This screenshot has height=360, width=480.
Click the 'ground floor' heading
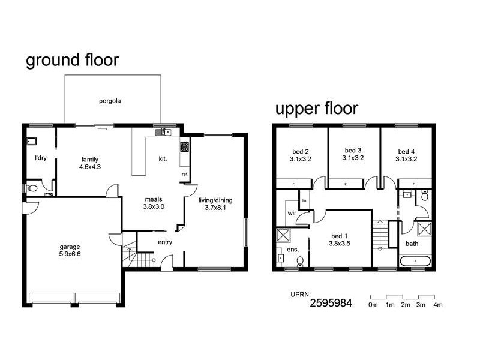[72, 61]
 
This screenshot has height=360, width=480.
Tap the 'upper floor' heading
[316, 109]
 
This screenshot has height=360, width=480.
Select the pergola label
[110, 101]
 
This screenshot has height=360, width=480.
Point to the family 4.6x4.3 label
[89, 163]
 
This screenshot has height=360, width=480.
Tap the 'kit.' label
[163, 159]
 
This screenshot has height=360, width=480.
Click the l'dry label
[41, 158]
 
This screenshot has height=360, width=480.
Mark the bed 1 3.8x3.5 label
[339, 240]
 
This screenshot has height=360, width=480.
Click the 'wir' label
[292, 212]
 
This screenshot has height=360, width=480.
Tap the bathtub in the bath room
[415, 262]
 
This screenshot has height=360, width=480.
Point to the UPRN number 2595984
[331, 303]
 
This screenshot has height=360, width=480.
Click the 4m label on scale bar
[437, 305]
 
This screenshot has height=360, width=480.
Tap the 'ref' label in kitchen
[184, 175]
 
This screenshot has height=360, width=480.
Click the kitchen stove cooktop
[184, 146]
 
